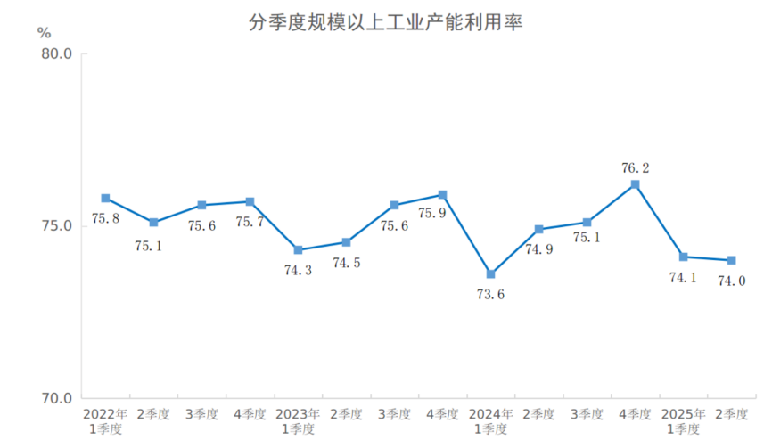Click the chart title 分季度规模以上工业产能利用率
click(x=385, y=22)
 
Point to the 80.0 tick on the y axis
click(x=56, y=54)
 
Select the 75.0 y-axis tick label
click(x=56, y=226)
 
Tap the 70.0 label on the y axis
click(x=56, y=398)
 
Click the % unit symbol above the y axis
click(x=45, y=33)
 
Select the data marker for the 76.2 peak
click(x=635, y=184)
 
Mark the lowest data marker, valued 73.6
click(x=490, y=274)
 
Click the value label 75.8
click(x=105, y=218)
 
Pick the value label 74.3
click(x=297, y=270)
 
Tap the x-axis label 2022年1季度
click(x=105, y=421)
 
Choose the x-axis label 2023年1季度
click(x=298, y=421)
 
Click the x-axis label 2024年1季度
click(x=490, y=421)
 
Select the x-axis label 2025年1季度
click(x=683, y=421)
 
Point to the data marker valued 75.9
click(x=442, y=194)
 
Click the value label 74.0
click(x=731, y=281)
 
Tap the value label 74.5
click(x=346, y=263)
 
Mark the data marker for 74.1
click(x=683, y=257)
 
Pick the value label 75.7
click(x=250, y=222)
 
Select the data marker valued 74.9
click(x=538, y=229)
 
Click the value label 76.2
click(x=635, y=167)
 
